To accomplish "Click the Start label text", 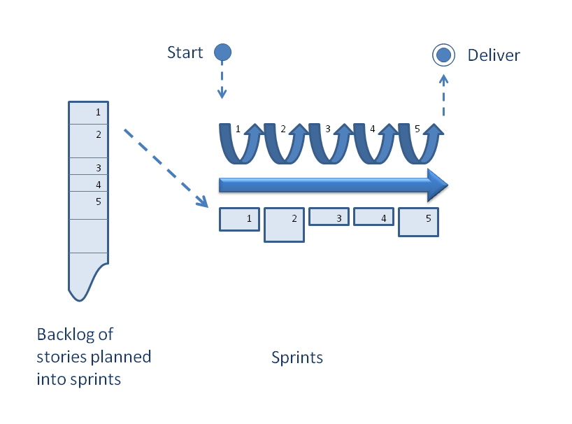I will point(185,52).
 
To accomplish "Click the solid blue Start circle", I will point(222,52).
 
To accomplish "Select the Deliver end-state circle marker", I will point(443,54).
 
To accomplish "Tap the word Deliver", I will point(494,55).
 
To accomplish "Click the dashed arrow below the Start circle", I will point(222,80).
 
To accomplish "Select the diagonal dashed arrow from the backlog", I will point(166,168).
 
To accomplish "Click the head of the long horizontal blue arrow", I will point(437,185).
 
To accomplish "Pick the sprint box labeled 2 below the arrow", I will point(284,225).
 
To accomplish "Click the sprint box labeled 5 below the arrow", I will point(418,222).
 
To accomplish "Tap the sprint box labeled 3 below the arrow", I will point(329,217).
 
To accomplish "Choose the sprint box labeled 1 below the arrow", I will point(239,219).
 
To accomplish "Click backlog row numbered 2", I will point(88,141).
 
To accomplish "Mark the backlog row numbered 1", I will point(88,113).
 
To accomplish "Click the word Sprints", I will point(297,358).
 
